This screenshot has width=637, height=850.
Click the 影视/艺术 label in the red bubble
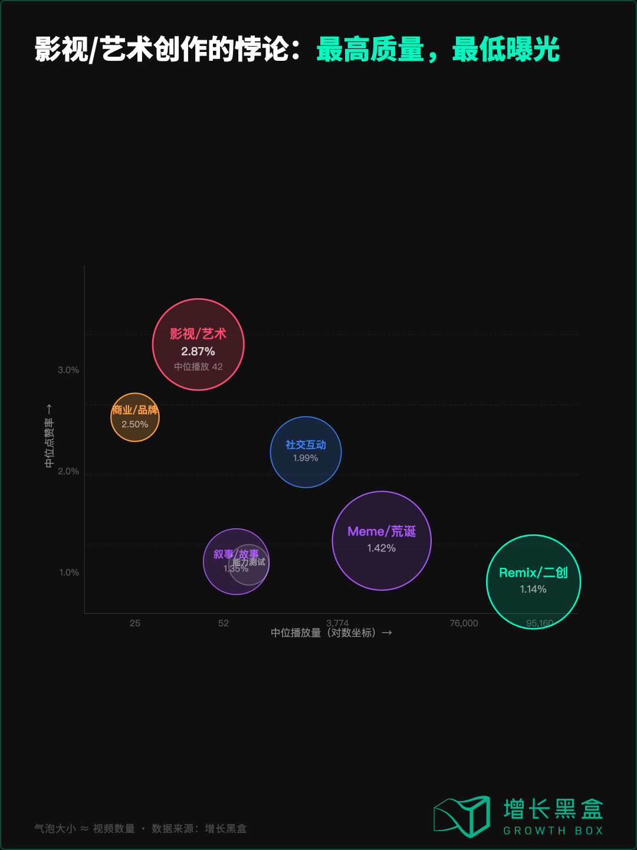pos(198,334)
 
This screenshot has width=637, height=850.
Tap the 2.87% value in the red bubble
pos(198,352)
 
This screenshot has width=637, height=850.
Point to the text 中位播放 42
pos(198,367)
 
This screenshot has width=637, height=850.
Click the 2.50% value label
pos(135,424)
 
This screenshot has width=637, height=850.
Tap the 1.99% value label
pos(306,458)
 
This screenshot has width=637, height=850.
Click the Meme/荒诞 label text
pos(382,532)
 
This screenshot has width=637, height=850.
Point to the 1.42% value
pos(382,548)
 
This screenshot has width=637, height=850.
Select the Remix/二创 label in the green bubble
pos(533,573)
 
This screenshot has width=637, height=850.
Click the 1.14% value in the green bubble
pos(533,589)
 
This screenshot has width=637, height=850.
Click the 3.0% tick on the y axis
pos(68,370)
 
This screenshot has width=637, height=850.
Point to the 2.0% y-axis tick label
pos(68,471)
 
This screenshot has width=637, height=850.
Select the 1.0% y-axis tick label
pos(69,573)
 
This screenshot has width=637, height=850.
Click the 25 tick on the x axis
pos(135,623)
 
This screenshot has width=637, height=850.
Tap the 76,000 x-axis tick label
pos(464,623)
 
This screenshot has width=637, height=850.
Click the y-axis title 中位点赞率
pos(50,443)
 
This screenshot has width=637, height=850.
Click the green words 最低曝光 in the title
pos(505,50)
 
